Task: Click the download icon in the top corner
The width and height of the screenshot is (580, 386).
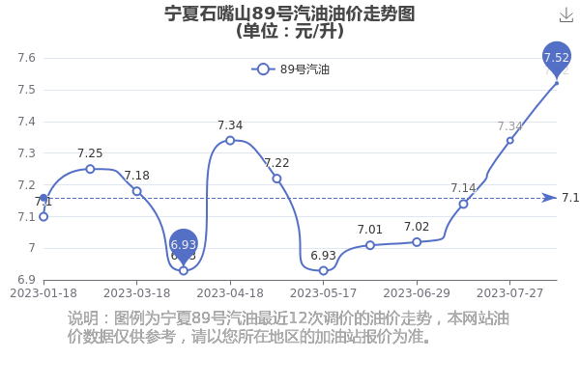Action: [x=566, y=15]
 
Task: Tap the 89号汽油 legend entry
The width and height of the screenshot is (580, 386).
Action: [x=290, y=69]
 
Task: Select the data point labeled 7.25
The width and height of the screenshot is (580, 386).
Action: [x=90, y=169]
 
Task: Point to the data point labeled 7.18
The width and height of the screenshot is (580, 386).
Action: [x=137, y=191]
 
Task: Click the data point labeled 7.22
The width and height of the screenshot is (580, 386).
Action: [x=276, y=179]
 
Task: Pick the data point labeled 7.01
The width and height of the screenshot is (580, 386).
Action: [x=370, y=245]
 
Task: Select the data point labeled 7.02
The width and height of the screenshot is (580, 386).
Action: [x=417, y=242]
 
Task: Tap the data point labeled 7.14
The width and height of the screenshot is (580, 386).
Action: [x=463, y=204]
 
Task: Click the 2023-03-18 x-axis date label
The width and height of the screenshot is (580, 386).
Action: [x=137, y=293]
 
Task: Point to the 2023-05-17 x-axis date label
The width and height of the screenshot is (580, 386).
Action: [x=323, y=293]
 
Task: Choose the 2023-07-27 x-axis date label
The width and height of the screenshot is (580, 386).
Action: [x=509, y=293]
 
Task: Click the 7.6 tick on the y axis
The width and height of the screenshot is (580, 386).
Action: [x=27, y=58]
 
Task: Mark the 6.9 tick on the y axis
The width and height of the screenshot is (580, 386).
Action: [x=27, y=280]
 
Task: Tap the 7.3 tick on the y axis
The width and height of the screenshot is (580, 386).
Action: [x=27, y=152]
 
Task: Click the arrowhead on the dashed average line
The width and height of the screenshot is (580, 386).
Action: [x=549, y=198]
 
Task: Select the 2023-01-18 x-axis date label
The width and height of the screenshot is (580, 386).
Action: [x=43, y=293]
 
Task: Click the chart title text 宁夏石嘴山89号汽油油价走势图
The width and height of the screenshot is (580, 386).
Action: [x=290, y=14]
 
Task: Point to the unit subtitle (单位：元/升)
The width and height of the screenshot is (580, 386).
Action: [x=290, y=31]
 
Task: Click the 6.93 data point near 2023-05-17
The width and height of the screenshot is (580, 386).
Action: [x=323, y=271]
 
